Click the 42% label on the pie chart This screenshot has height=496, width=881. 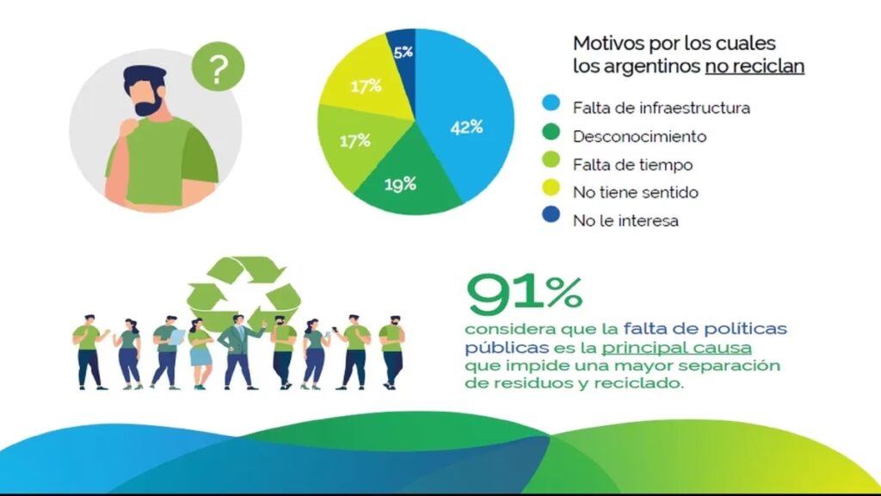tap(466, 127)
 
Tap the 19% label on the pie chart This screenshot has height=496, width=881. tap(378, 183)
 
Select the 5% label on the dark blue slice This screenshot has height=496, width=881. tap(403, 52)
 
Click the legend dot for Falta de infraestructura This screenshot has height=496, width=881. tap(551, 107)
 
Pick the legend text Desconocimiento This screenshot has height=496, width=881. tap(639, 136)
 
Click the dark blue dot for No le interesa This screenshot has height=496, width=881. tap(551, 220)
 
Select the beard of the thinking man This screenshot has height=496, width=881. tap(147, 108)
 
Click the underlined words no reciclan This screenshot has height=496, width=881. tap(755, 66)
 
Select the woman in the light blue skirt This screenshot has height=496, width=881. tap(200, 353)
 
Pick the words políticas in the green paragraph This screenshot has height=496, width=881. tap(749, 329)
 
